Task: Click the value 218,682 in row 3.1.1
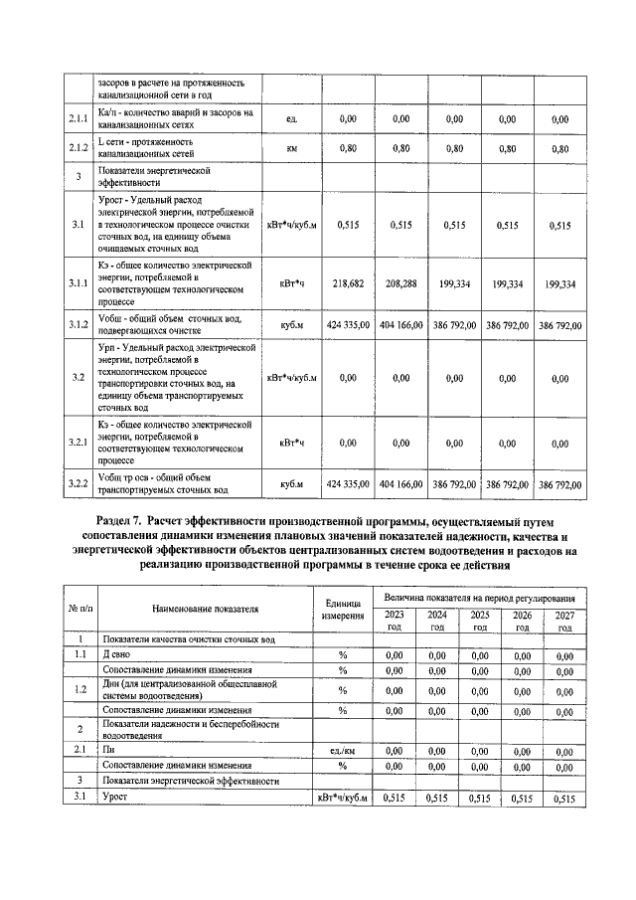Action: [347, 283]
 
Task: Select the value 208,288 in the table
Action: [400, 283]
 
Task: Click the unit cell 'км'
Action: [291, 149]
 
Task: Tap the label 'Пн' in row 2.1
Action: [107, 751]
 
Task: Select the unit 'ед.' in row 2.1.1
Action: [291, 119]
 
